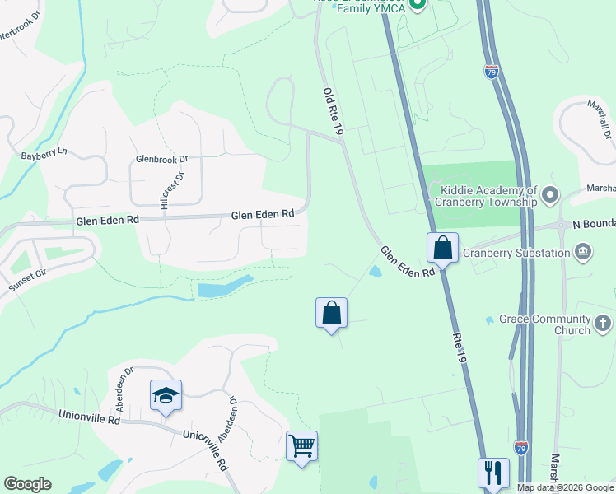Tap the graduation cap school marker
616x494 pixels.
166,395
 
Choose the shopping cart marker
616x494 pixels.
301,446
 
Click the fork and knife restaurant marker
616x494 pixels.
493,473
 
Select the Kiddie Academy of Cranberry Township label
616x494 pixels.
487,196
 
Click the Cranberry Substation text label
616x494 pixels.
516,253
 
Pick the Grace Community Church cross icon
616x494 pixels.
603,323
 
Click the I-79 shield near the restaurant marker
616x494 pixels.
520,448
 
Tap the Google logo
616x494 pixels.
27,484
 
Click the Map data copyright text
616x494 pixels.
564,487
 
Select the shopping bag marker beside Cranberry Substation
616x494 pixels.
442,247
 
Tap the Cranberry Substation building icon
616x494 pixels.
583,251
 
